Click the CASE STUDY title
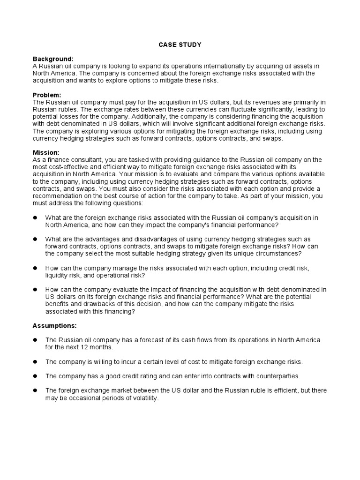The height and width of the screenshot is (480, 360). click(x=180, y=45)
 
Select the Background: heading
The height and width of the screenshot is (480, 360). click(x=53, y=59)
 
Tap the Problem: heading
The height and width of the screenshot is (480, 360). click(x=47, y=95)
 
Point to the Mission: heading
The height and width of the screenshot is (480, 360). click(x=46, y=153)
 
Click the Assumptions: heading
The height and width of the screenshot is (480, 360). click(x=54, y=325)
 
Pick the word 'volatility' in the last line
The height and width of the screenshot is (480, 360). click(x=143, y=398)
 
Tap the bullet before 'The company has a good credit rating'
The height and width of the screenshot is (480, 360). click(x=35, y=376)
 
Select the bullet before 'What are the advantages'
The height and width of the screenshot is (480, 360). click(x=35, y=239)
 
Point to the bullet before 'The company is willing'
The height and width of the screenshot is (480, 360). click(x=35, y=362)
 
